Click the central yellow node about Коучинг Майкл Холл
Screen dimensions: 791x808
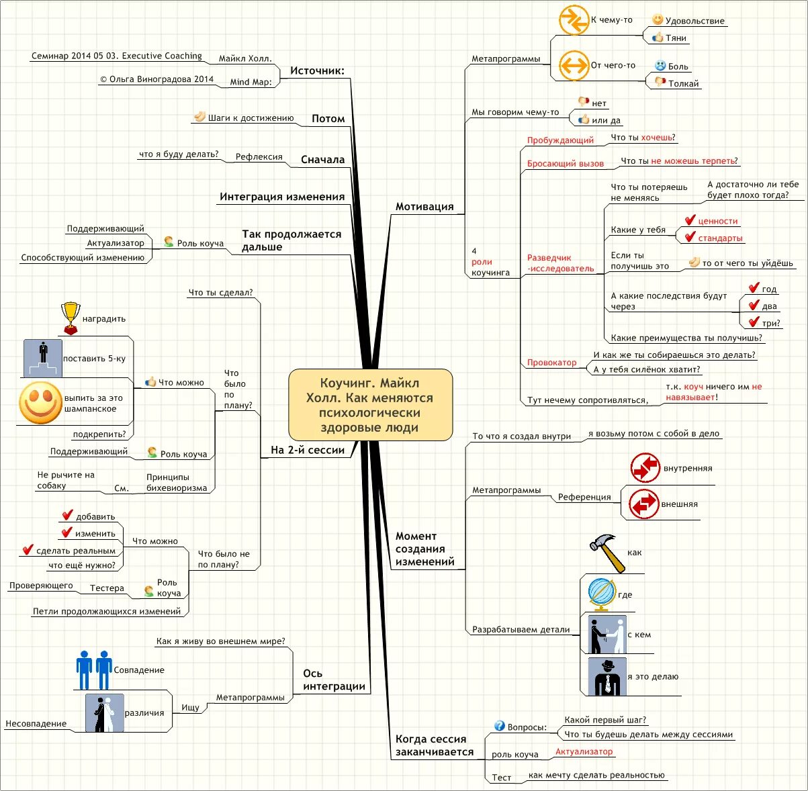tap(370, 405)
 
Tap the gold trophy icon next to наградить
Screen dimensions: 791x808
tap(70, 318)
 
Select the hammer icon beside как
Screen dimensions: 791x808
tap(607, 552)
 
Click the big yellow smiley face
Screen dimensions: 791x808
tap(40, 403)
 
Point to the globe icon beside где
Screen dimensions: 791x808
tap(601, 594)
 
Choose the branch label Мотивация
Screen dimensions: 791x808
tap(424, 207)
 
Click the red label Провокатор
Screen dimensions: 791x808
tap(551, 363)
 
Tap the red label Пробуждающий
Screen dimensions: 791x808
tap(560, 140)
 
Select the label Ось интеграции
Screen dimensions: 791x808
tap(333, 680)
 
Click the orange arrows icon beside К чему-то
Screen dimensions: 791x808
tap(574, 20)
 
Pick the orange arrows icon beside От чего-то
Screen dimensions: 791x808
tap(574, 65)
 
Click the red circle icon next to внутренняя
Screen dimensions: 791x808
tap(645, 468)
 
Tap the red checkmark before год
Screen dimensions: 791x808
tap(754, 288)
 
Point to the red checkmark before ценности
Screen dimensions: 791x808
tap(690, 220)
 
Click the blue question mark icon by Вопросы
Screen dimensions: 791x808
tap(499, 726)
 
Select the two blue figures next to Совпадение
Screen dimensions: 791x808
tap(94, 669)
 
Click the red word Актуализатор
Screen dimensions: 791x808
tap(584, 752)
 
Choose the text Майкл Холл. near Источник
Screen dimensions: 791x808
tap(245, 58)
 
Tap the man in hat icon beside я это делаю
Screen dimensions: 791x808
tap(607, 676)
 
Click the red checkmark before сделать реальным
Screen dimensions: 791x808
tap(28, 550)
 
